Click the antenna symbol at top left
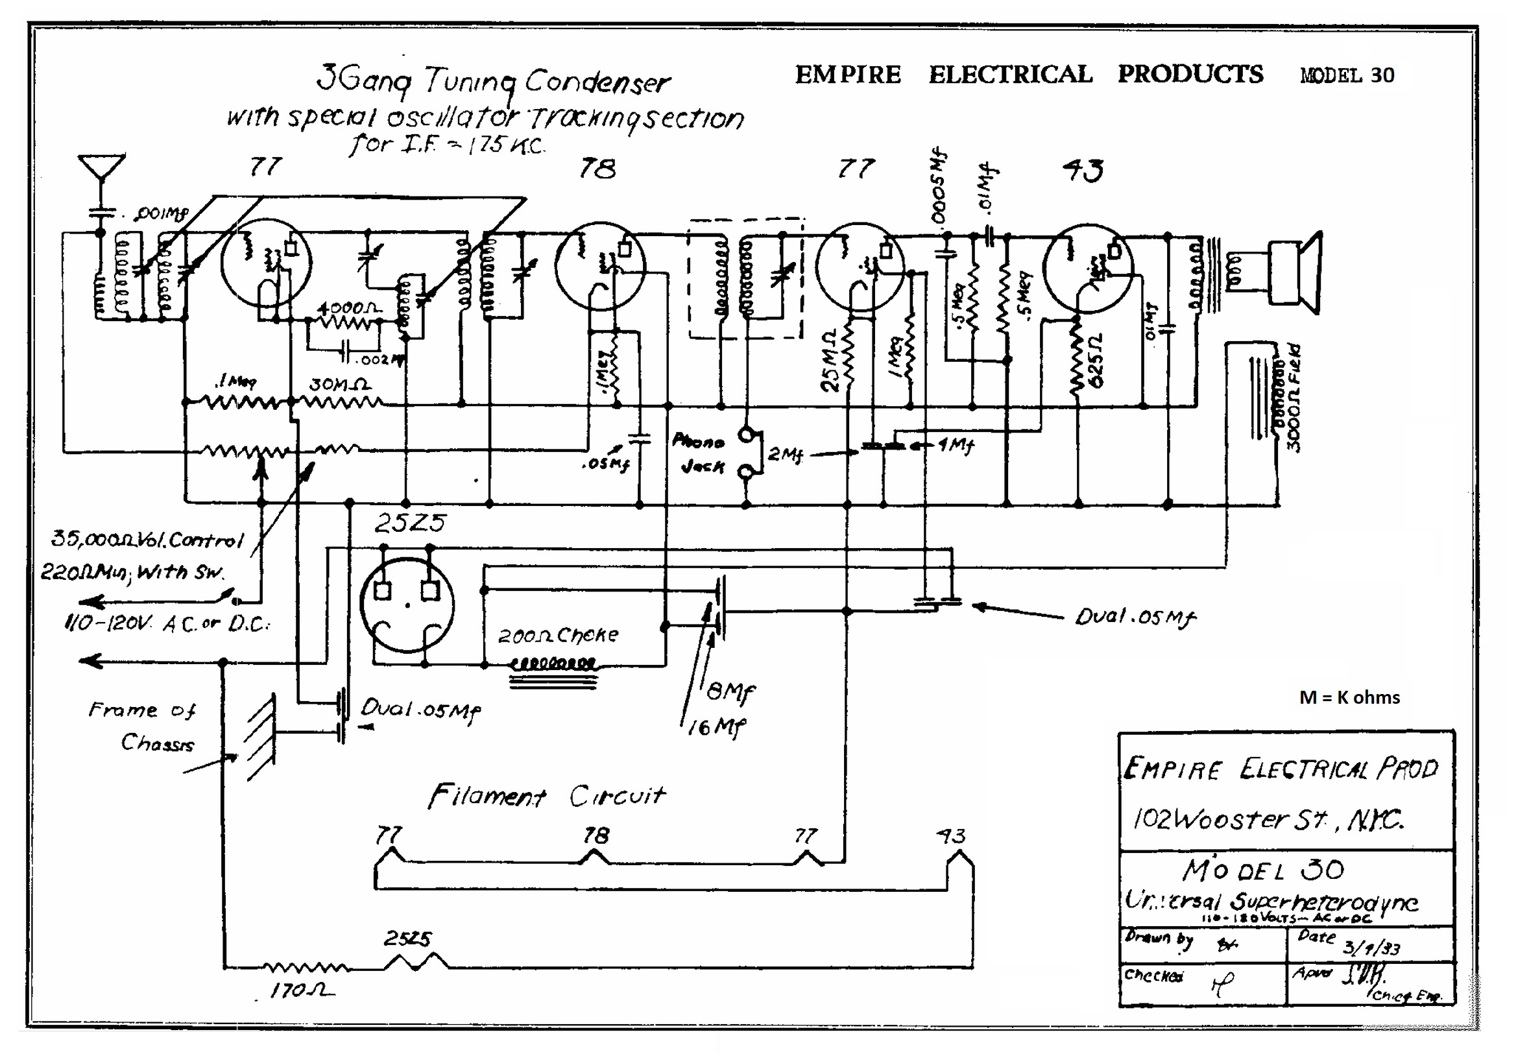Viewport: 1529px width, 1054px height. [101, 169]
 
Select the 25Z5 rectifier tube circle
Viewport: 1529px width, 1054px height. [407, 605]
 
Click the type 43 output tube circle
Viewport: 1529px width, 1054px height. [1088, 268]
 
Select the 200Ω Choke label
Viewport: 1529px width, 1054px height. [558, 635]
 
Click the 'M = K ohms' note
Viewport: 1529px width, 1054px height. [1349, 698]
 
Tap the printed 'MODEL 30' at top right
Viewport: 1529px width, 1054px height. [1347, 75]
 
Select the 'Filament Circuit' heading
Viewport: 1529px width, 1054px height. [547, 796]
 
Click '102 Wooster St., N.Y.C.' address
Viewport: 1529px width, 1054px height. [1268, 820]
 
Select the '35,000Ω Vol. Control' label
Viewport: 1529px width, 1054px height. [147, 540]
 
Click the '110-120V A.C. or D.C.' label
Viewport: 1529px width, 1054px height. [167, 623]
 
